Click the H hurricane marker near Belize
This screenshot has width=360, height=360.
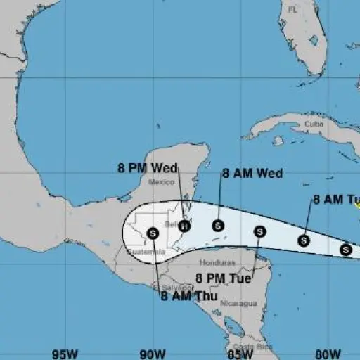tap(184, 226)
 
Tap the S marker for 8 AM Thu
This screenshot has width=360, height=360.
tap(153, 232)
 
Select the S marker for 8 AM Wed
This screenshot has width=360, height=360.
tap(218, 226)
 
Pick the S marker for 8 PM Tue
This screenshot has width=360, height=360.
tap(259, 231)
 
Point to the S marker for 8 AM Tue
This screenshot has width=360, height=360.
tap(304, 240)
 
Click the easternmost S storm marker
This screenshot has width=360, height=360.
tap(346, 249)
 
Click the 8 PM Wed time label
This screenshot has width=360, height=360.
tap(148, 168)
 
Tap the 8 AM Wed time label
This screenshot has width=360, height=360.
tap(252, 173)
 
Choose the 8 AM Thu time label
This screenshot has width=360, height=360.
tap(188, 295)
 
